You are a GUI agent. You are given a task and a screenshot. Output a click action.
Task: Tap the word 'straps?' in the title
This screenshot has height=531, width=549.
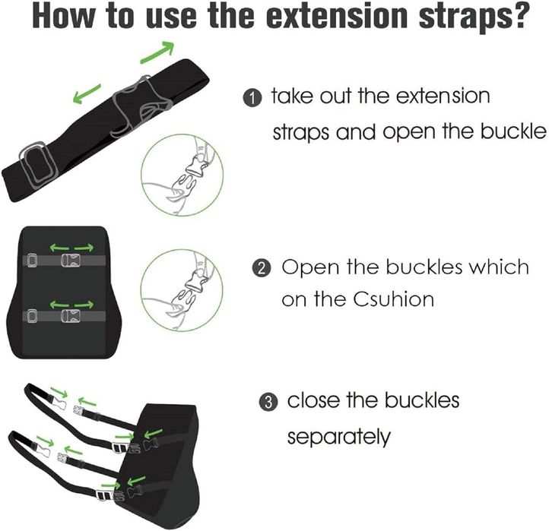point(472,17)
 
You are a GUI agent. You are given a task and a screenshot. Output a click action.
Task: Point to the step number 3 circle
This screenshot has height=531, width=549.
point(268,402)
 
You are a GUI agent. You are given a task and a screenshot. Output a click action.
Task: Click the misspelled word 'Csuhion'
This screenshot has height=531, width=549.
point(393,299)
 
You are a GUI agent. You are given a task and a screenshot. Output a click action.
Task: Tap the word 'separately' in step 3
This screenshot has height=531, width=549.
point(338,437)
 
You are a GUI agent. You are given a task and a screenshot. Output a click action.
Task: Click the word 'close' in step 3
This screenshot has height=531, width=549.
point(313,400)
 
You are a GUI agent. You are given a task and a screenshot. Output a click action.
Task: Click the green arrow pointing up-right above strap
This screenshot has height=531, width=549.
point(157,52)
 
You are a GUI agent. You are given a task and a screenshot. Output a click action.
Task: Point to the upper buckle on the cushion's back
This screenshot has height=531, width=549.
point(71,261)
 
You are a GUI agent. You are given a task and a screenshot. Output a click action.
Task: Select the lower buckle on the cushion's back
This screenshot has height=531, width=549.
point(71,316)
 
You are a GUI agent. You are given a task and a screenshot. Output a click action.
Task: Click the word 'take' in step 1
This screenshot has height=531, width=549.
point(292,96)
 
